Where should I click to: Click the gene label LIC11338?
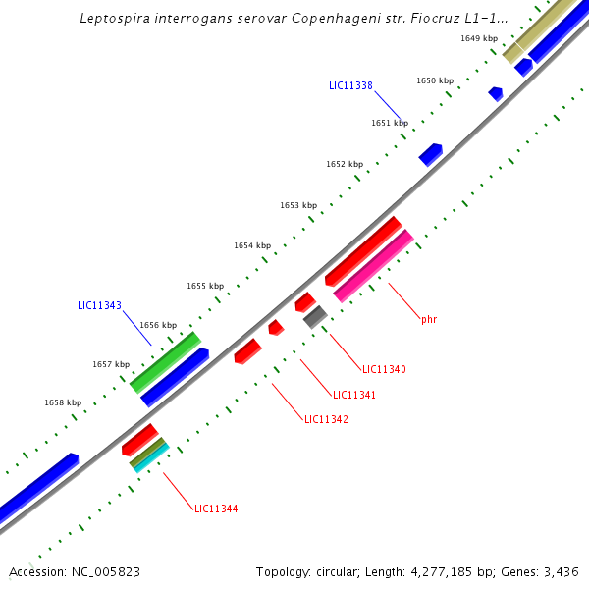(x=350, y=85)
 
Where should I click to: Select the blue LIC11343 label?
(x=99, y=305)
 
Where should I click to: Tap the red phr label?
(x=429, y=319)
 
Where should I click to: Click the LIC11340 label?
(x=384, y=369)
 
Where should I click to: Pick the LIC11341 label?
(x=354, y=395)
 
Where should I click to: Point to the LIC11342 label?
(x=326, y=419)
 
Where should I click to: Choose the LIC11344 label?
(x=216, y=509)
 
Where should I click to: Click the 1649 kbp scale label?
(x=479, y=38)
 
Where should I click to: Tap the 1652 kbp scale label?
(x=345, y=164)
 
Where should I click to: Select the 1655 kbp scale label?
(x=205, y=286)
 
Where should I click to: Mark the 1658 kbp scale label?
(x=63, y=402)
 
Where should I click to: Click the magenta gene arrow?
(x=373, y=265)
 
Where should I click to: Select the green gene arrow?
(x=165, y=361)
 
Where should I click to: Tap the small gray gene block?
(x=315, y=316)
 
